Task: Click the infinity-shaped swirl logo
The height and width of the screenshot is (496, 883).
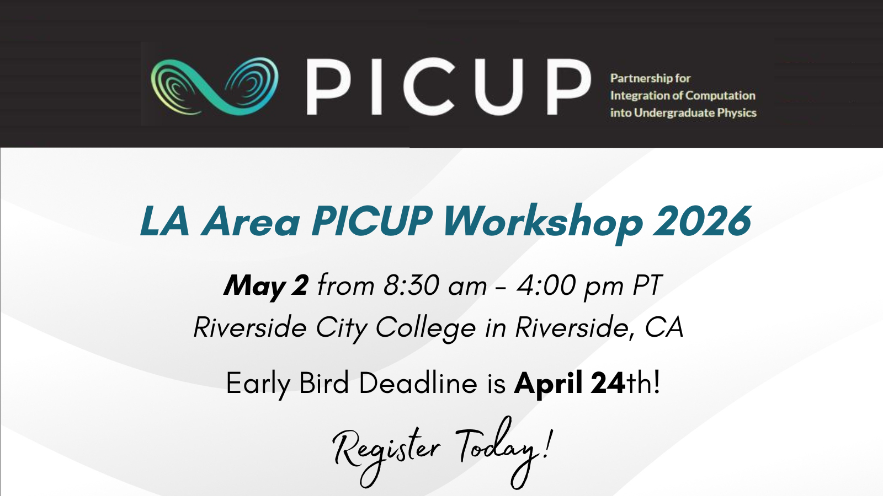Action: (215, 86)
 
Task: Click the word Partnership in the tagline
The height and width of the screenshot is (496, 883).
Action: (641, 78)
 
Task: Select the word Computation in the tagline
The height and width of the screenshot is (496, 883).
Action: (721, 96)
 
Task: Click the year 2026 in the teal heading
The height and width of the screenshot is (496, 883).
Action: (701, 221)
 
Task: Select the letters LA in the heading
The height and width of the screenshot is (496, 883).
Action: (165, 221)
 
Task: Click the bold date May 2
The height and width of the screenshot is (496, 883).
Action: (266, 286)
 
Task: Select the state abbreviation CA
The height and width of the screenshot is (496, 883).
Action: (664, 327)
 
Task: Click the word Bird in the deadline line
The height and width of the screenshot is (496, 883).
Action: (324, 382)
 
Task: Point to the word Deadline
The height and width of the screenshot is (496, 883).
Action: (418, 382)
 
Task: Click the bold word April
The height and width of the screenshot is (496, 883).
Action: (549, 384)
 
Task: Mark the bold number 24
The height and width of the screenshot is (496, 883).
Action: (608, 382)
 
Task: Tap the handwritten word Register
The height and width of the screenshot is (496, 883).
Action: (386, 457)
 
